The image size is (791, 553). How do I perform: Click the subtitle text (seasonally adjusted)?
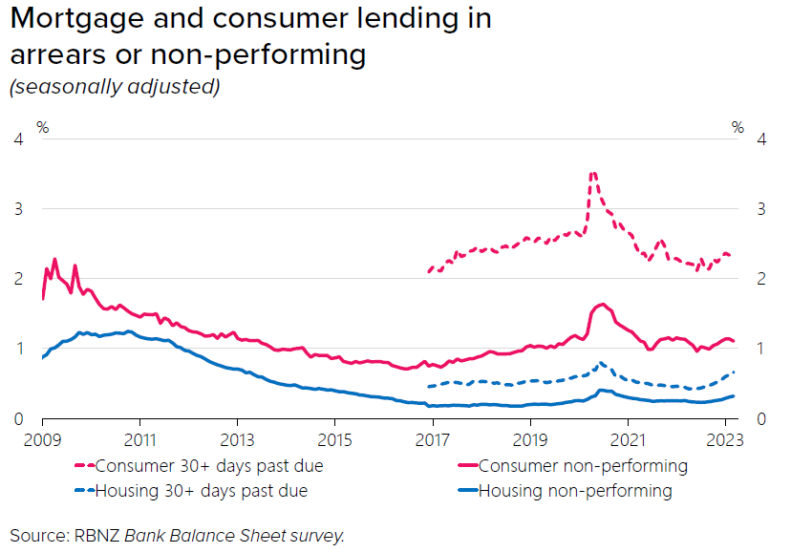(x=115, y=86)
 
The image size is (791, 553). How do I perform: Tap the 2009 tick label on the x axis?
(x=43, y=441)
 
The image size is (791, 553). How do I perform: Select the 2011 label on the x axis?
(x=140, y=441)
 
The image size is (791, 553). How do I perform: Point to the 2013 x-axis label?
(x=237, y=441)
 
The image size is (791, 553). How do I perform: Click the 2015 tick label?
(x=334, y=441)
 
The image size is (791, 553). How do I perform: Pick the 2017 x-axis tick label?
(x=432, y=441)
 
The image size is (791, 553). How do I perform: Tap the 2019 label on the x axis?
(x=529, y=441)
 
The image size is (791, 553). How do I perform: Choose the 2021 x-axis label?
(x=627, y=441)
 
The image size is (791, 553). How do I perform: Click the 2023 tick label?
(x=724, y=441)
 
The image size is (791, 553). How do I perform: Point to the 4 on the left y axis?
(x=17, y=139)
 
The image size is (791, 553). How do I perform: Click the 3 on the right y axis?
(x=761, y=209)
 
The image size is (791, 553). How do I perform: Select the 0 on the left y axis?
(x=17, y=419)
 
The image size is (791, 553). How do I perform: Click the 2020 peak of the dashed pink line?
(x=593, y=174)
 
